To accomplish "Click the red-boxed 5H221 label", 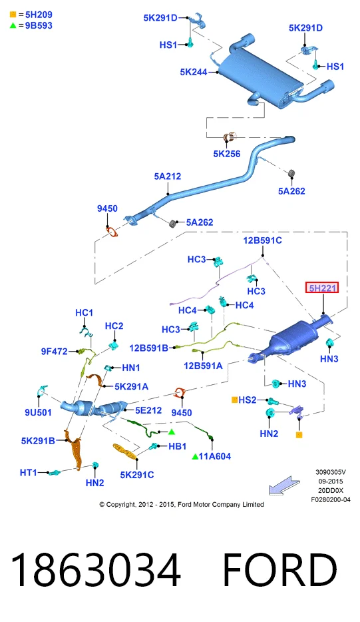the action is point(322,288).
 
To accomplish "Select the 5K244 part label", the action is point(194,72).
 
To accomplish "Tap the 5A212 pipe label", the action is point(167,176).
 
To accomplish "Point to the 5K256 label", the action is point(227,154).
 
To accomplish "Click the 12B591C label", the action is point(262,240).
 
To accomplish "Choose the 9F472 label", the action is point(55,351).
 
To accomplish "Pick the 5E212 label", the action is point(148,410).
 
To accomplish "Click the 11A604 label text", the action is point(214,456).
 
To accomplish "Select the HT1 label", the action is point(28,472).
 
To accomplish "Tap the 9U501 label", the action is point(38,412).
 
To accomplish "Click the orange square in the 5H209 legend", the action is point(13,15).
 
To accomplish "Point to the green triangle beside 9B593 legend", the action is point(13,25).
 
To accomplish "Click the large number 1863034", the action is point(96,569).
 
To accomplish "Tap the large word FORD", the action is point(280,569).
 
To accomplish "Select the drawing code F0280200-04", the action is point(331,500).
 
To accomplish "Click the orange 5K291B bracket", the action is point(75,448).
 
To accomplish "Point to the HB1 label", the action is point(177,446).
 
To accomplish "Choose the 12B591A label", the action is point(203,366).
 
